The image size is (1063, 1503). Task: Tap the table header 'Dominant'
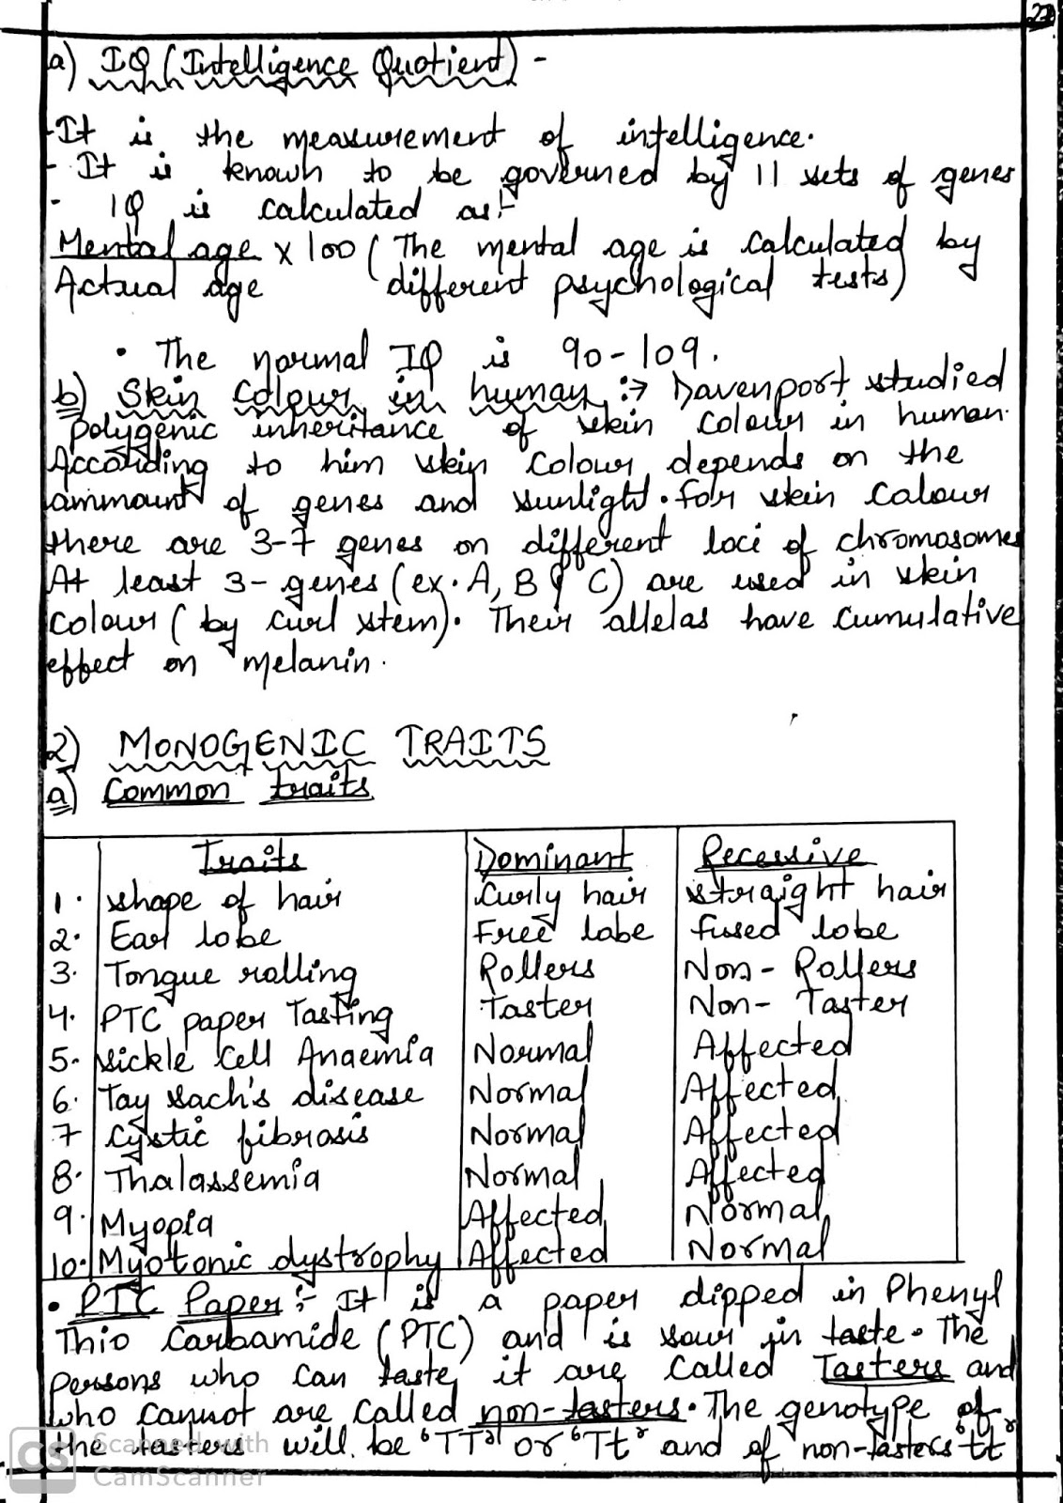point(552,858)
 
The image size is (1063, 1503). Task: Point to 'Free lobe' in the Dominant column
point(561,930)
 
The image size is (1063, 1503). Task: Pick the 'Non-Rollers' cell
point(801,968)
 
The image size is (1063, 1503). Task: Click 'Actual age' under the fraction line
point(157,282)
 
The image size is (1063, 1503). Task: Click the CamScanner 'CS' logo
point(42,1459)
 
